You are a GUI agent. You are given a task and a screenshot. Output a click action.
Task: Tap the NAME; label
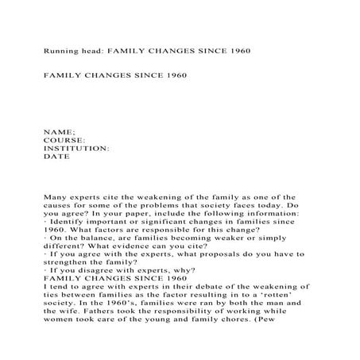click(59, 130)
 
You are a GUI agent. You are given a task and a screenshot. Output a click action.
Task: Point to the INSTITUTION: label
click(76, 148)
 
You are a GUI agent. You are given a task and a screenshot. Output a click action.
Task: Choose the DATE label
click(56, 157)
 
